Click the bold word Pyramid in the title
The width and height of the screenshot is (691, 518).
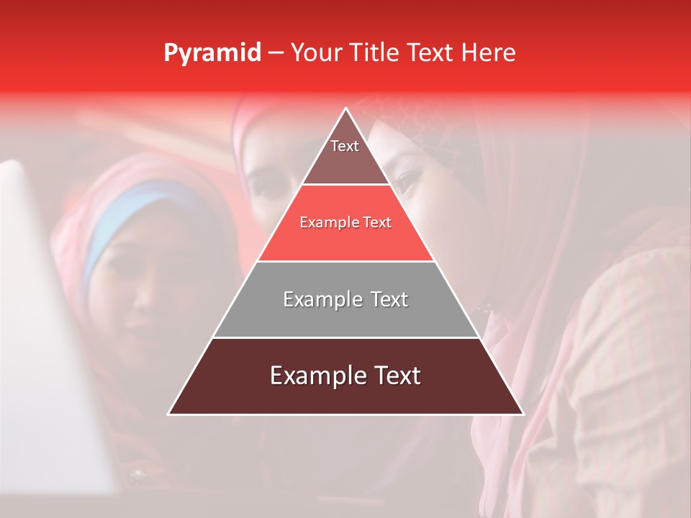[x=212, y=53]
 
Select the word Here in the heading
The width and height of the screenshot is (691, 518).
[x=489, y=53]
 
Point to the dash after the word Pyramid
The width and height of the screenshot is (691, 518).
[x=276, y=53]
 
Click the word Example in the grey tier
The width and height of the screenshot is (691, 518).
[x=314, y=299]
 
